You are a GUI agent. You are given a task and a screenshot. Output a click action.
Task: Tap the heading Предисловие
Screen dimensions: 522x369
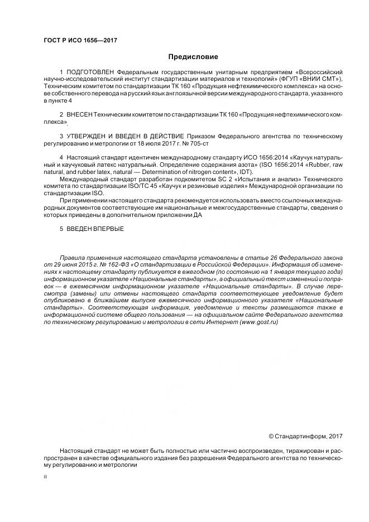pyautogui.click(x=193, y=57)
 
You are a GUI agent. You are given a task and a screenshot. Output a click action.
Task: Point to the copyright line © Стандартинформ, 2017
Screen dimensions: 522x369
pyautogui.click(x=305, y=436)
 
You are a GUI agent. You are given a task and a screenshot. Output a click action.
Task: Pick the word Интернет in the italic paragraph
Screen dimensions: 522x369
pyautogui.click(x=222, y=322)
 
